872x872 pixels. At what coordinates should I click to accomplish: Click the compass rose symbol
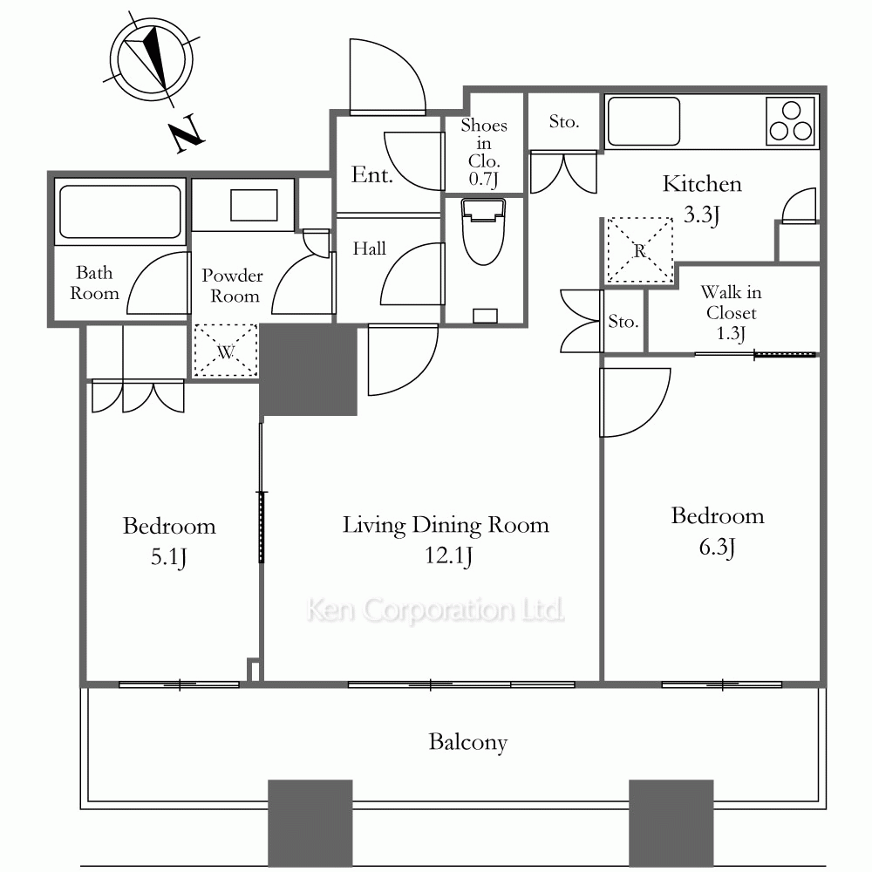click(151, 59)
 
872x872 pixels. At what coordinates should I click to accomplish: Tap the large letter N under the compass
click(187, 133)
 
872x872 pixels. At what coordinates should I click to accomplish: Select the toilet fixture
click(483, 232)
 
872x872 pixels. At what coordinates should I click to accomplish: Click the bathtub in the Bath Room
click(120, 211)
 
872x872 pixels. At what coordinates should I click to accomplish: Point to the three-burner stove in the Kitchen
click(790, 121)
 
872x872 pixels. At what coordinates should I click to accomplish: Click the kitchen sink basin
click(644, 121)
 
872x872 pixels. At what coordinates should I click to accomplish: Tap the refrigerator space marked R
click(639, 250)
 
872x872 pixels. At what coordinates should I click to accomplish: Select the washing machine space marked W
click(226, 351)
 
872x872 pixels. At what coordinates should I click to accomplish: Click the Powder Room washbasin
click(254, 205)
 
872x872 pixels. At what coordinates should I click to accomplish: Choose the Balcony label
click(467, 742)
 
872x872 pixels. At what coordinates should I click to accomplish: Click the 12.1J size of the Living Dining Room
click(449, 555)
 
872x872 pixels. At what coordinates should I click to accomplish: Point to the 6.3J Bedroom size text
click(717, 547)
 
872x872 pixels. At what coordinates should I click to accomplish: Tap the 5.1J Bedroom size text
click(168, 556)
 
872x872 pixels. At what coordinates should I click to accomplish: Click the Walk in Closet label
click(731, 312)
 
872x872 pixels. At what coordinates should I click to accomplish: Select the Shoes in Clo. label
click(484, 152)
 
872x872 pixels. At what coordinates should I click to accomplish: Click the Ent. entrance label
click(372, 174)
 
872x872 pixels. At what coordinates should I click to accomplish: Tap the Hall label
click(369, 248)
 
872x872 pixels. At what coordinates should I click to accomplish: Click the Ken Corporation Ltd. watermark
click(435, 610)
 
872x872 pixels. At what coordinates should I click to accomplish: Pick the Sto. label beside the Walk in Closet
click(623, 321)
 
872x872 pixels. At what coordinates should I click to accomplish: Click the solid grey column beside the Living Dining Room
click(309, 370)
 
